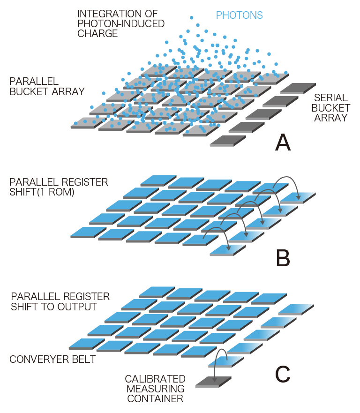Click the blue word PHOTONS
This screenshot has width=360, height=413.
click(239, 15)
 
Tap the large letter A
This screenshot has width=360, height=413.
click(283, 142)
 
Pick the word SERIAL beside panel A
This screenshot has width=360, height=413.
click(331, 98)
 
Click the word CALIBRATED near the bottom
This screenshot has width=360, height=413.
click(155, 379)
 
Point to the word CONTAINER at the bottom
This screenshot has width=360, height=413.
click(155, 399)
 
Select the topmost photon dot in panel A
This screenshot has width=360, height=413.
click(191, 17)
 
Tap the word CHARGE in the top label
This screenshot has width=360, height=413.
click(97, 34)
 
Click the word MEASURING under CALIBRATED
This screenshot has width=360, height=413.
click(155, 389)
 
